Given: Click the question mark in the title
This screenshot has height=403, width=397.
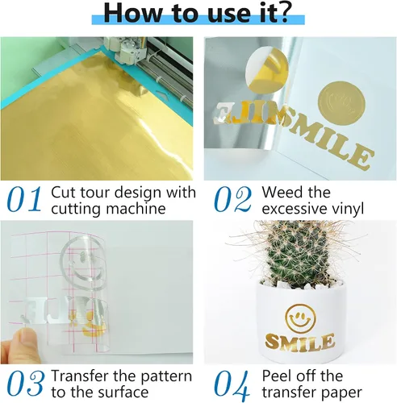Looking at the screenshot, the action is [281, 12].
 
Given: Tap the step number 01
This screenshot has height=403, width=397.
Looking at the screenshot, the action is [25, 199].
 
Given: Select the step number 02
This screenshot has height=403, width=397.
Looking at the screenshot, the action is [233, 199].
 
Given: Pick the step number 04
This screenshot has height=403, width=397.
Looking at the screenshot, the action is [232, 384].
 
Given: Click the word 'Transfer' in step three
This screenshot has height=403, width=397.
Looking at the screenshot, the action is [80, 376].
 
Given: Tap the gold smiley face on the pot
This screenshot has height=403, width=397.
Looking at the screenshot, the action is [300, 318].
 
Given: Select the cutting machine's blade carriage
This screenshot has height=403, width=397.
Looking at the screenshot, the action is [127, 51].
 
